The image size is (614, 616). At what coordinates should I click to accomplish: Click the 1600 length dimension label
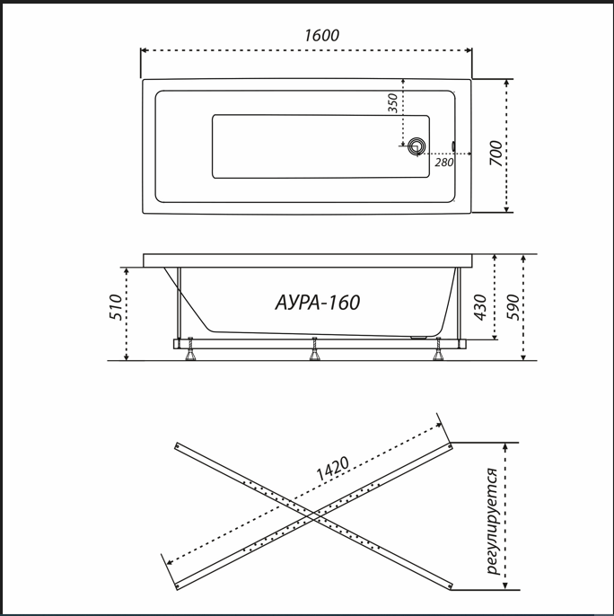(x=321, y=35)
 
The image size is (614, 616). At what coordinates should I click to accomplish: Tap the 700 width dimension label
(x=496, y=154)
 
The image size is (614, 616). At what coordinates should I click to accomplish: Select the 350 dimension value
(x=393, y=103)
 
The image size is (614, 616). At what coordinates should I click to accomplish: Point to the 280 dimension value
(x=444, y=163)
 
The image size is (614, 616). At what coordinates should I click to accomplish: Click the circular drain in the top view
(x=416, y=146)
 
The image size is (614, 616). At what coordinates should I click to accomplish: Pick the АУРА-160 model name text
(x=318, y=303)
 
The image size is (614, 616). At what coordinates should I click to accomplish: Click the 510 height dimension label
(x=116, y=307)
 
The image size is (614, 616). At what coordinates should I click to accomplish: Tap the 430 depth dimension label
(x=480, y=307)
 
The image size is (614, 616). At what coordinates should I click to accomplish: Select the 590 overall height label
(x=513, y=307)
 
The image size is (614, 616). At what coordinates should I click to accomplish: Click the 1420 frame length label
(x=332, y=469)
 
